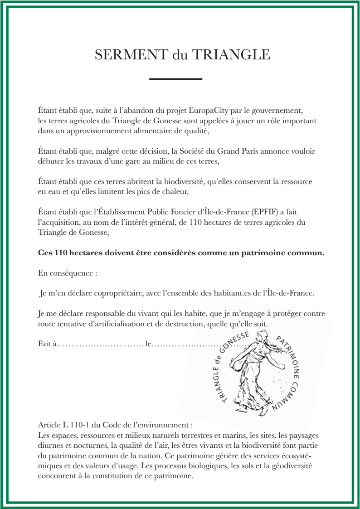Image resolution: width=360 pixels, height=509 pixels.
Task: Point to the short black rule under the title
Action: click(175, 79)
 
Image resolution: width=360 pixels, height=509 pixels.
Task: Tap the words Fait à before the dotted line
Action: click(47, 344)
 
